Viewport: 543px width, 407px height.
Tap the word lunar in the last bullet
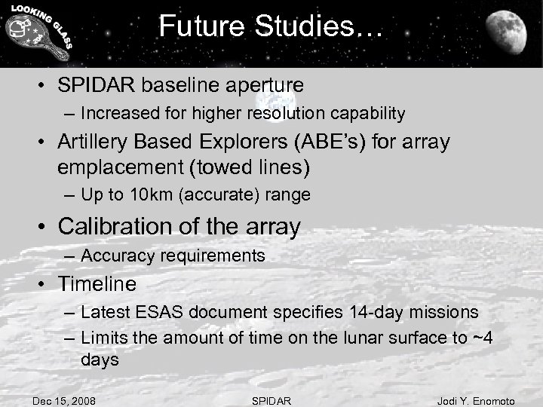click(345, 338)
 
